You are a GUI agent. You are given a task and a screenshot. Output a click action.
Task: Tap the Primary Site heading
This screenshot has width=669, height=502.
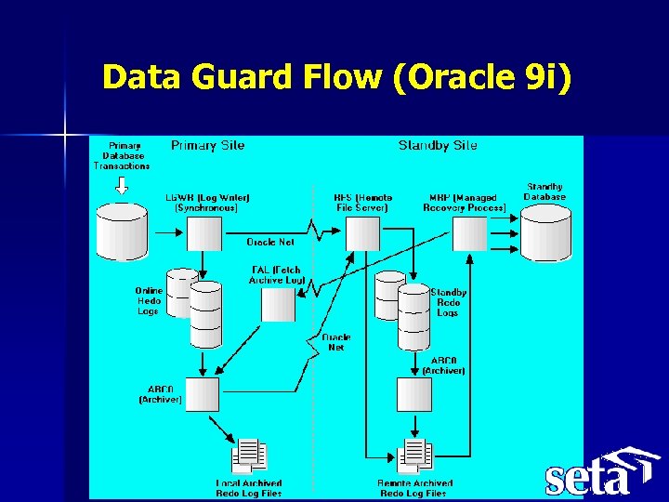[x=207, y=145]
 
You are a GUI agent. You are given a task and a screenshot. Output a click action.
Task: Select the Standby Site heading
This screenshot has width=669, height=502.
[x=438, y=145]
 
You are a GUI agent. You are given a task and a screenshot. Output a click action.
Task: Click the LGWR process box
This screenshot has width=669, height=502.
[x=203, y=232]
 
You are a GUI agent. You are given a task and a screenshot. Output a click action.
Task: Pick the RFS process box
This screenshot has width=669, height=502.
[x=362, y=232]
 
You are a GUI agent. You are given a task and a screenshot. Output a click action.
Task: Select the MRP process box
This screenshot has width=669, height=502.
[x=468, y=232]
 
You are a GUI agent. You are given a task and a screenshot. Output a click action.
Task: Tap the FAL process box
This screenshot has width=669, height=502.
[x=278, y=304]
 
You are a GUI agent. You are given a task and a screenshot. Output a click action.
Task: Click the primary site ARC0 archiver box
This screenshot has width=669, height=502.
[x=203, y=394]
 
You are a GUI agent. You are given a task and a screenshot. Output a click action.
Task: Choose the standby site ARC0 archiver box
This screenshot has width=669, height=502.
[x=413, y=394]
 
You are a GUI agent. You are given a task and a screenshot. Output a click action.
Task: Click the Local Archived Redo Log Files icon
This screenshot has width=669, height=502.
[x=249, y=456]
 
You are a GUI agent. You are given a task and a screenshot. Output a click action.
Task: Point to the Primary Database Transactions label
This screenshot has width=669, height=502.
[x=122, y=155]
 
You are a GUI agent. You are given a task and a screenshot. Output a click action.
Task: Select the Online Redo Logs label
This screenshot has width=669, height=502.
[x=149, y=300]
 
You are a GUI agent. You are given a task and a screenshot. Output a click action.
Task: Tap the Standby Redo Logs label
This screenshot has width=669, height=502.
[x=448, y=302]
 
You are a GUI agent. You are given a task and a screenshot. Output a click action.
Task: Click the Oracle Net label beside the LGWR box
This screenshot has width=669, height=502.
[x=270, y=242]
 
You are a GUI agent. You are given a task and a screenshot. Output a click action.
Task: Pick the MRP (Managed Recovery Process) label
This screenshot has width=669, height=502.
[x=464, y=203]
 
